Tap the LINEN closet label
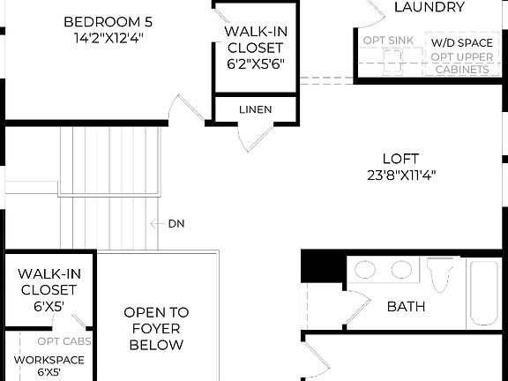point(255,109)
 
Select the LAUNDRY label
point(430,8)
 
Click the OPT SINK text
point(388,41)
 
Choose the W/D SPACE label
point(462,42)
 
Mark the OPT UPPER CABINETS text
point(461,63)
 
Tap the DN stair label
point(176,224)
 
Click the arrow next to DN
point(157,224)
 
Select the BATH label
point(406,307)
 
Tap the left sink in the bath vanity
point(364,271)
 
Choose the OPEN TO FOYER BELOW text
point(156,328)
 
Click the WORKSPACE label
point(49,360)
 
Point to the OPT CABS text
point(60,341)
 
